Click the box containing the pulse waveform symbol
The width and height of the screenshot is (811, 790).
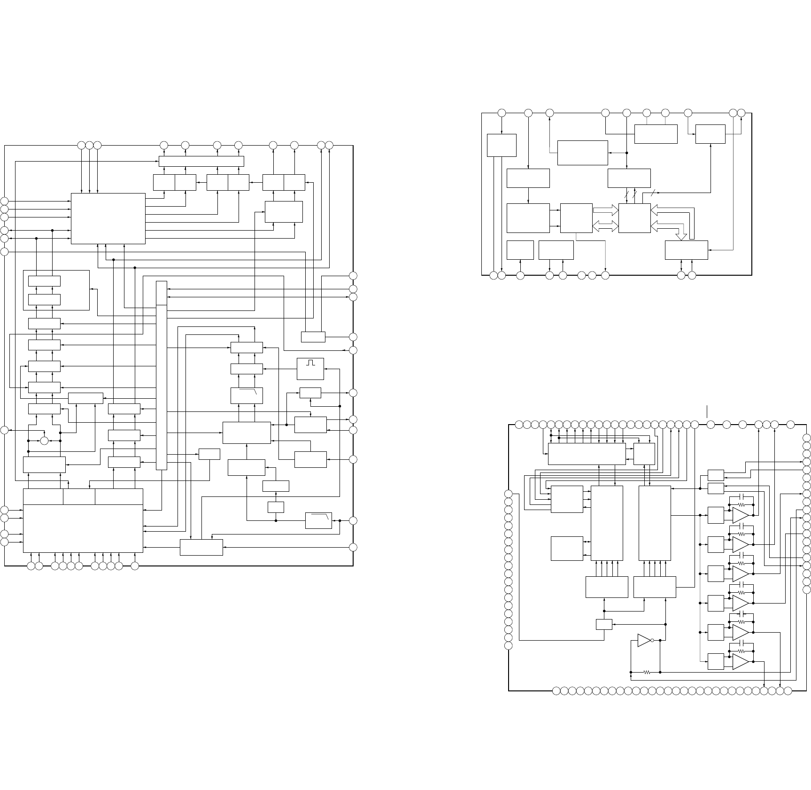pyautogui.click(x=310, y=369)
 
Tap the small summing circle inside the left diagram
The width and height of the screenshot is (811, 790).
pyautogui.click(x=45, y=441)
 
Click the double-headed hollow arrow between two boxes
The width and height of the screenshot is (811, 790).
pyautogui.click(x=605, y=226)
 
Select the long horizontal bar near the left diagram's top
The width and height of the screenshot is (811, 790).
pyautogui.click(x=201, y=161)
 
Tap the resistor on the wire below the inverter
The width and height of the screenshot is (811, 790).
pyautogui.click(x=647, y=672)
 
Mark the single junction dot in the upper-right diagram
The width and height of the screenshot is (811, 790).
pyautogui.click(x=627, y=153)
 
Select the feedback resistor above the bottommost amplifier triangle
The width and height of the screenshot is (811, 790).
pyautogui.click(x=741, y=651)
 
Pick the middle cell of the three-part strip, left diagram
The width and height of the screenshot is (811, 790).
pyautogui.click(x=79, y=496)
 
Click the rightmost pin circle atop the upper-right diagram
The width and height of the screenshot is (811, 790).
pyautogui.click(x=741, y=113)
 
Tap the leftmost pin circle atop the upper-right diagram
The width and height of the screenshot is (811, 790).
pyautogui.click(x=502, y=113)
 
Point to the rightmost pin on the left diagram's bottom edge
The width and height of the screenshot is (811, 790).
pyautogui.click(x=135, y=566)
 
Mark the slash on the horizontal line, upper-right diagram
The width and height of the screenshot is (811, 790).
pyautogui.click(x=653, y=193)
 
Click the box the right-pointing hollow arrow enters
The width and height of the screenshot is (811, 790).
pyautogui.click(x=634, y=218)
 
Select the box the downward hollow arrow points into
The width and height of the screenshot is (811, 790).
pyautogui.click(x=687, y=249)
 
